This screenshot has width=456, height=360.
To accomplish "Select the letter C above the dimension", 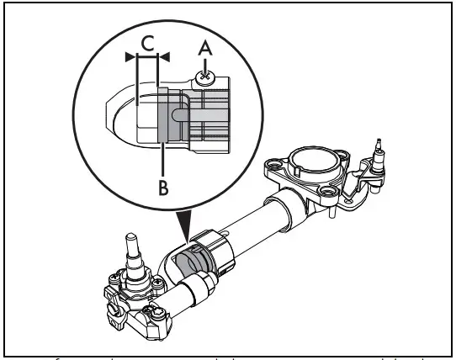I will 146,42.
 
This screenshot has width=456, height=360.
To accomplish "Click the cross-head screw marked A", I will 204,77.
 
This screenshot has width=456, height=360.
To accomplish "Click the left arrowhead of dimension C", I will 130,56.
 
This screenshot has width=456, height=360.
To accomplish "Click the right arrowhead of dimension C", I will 164,56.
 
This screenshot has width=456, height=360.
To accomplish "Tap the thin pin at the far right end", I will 379,151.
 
